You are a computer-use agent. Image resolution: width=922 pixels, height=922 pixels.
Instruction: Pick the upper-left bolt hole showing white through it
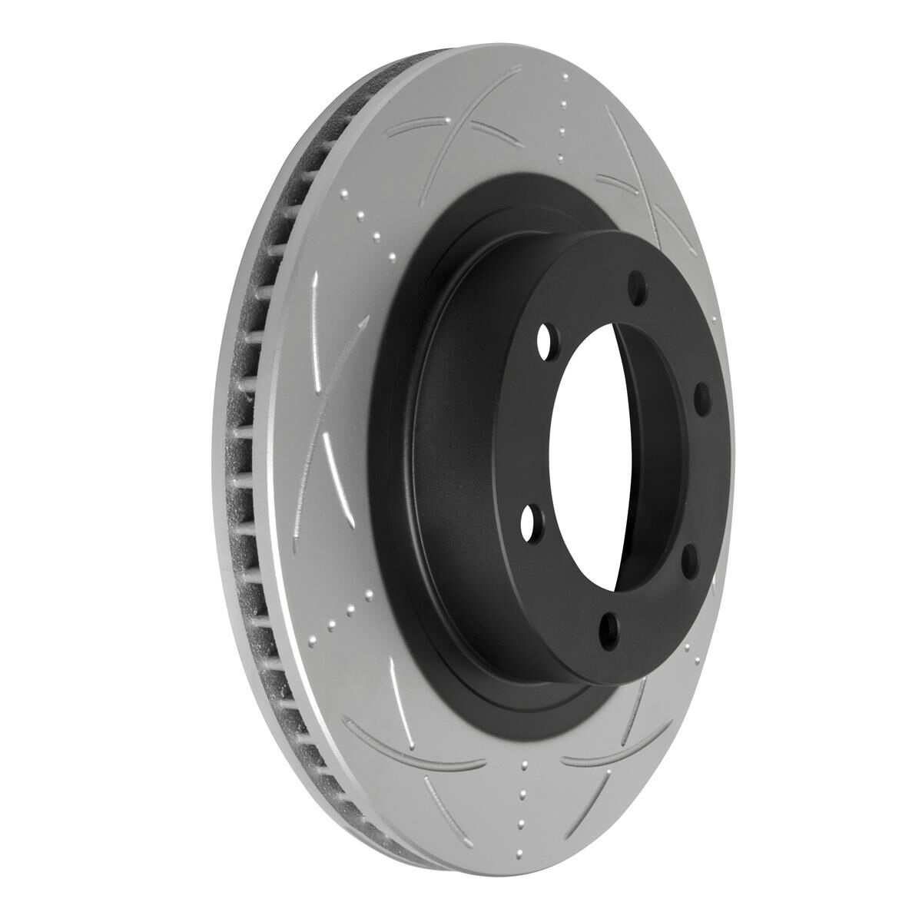point(546,337)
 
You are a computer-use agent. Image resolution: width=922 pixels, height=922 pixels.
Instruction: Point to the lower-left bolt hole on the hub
point(529,524)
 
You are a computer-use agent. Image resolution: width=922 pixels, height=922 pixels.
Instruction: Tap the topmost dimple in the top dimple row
point(565,77)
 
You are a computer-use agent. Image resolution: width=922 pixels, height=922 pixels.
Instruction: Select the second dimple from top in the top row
point(564,104)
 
